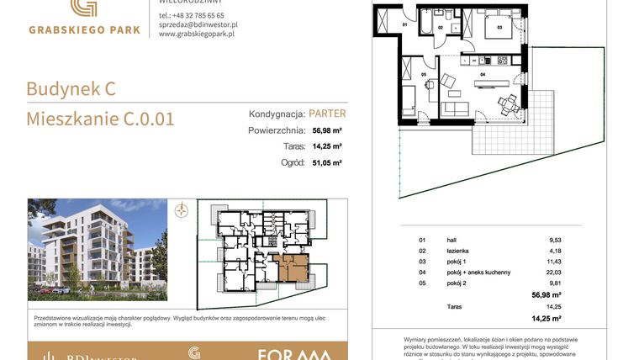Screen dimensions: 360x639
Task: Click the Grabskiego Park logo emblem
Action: [83, 8]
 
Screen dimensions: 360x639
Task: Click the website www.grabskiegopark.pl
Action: [197, 34]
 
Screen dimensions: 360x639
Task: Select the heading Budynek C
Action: [71, 88]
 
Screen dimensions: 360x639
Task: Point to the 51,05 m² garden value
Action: [326, 163]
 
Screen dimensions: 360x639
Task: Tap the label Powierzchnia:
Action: [276, 130]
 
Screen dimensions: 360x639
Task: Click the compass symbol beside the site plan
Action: [181, 211]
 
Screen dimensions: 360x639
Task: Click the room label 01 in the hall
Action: [404, 25]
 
